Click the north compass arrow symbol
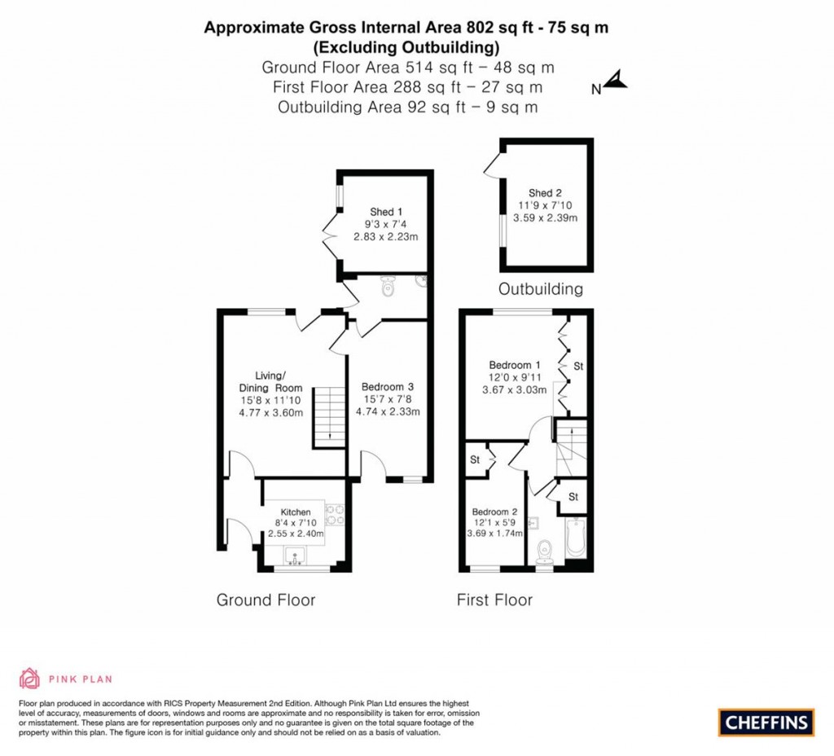pos(617,81)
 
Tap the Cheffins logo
pos(766,722)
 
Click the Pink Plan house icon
pos(29,678)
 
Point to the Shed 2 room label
pos(545,193)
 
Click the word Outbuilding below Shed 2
pos(541,288)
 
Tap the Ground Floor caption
pos(266,600)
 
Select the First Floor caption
pos(494,600)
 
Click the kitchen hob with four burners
pos(334,514)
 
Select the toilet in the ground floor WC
pos(388,287)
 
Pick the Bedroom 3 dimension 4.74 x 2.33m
pos(388,411)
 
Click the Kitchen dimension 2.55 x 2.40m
pos(296,534)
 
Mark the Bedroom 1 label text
pos(515,364)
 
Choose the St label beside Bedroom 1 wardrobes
pos(578,367)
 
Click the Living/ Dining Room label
pos(270,381)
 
